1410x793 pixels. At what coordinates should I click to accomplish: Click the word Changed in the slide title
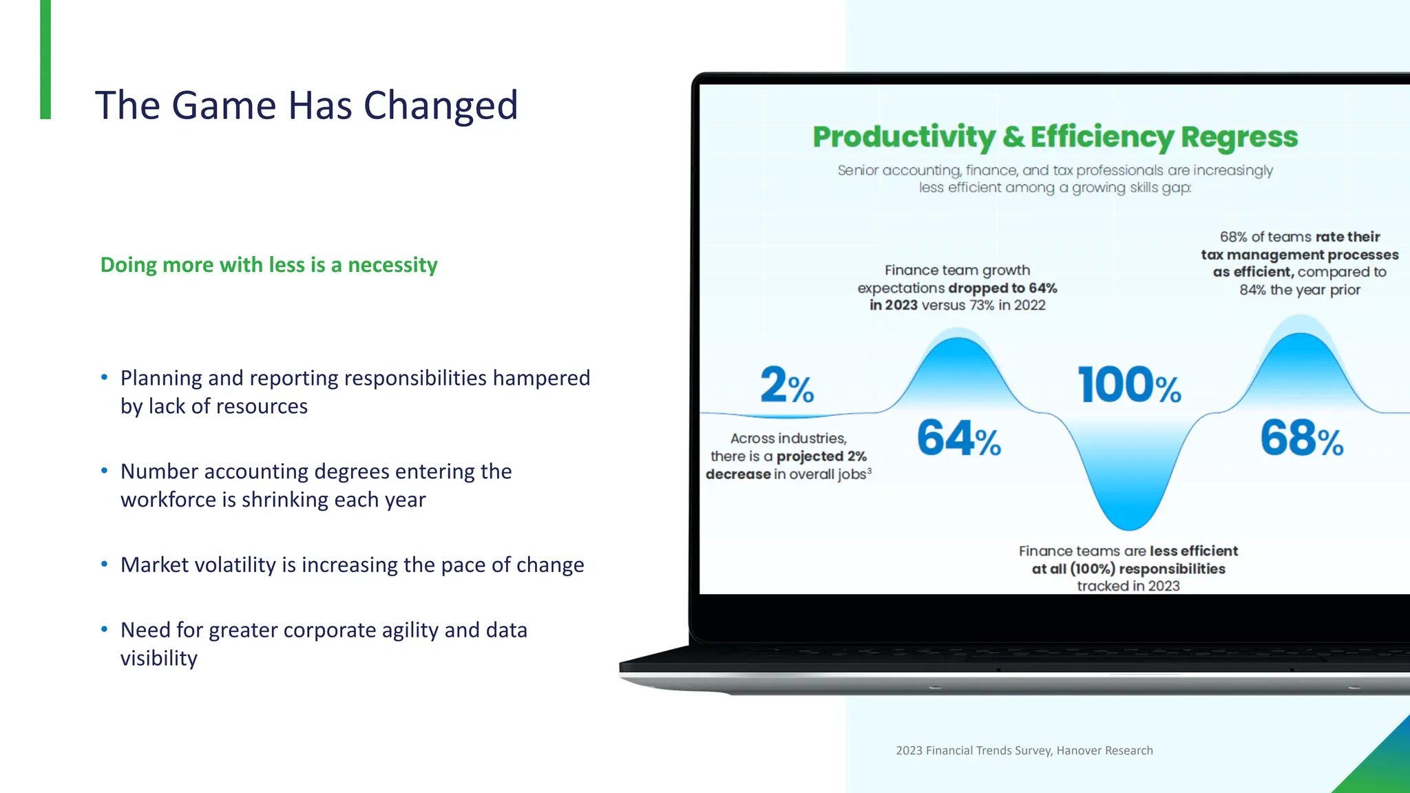coord(440,105)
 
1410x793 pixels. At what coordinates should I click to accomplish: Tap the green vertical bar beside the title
coord(45,59)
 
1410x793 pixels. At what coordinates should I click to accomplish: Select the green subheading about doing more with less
coord(269,265)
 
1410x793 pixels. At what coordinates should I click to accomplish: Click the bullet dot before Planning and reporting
coord(105,377)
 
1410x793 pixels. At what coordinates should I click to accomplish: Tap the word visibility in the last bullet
coord(159,659)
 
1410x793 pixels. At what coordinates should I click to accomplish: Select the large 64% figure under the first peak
coord(958,438)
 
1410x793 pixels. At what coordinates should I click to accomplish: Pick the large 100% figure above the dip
coord(1129,385)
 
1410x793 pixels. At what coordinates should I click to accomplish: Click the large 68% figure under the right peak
coord(1301,438)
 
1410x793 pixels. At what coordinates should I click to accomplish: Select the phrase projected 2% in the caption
coord(821,456)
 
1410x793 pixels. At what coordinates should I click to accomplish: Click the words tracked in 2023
coord(1128,586)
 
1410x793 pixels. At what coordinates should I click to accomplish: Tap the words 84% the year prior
coord(1299,290)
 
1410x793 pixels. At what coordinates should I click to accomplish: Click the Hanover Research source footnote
coord(1024,750)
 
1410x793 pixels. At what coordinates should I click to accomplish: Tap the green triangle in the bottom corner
coord(1384,768)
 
